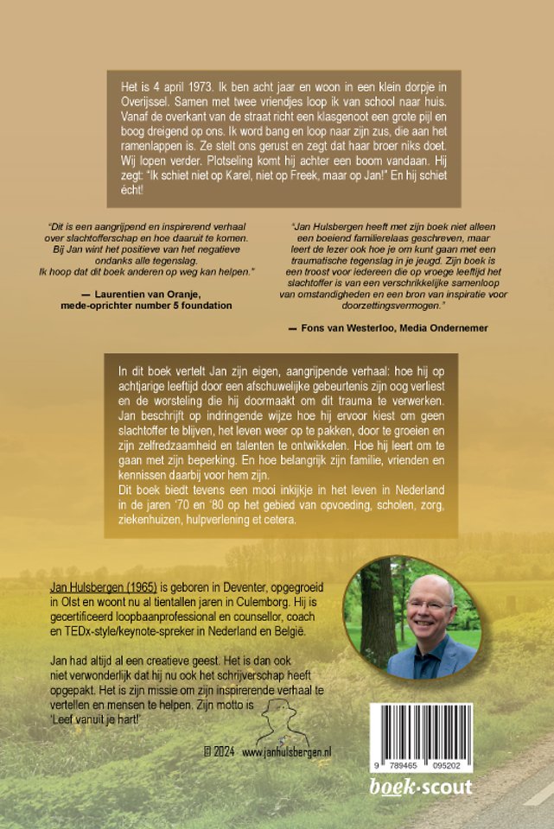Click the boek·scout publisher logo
(x=421, y=787)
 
